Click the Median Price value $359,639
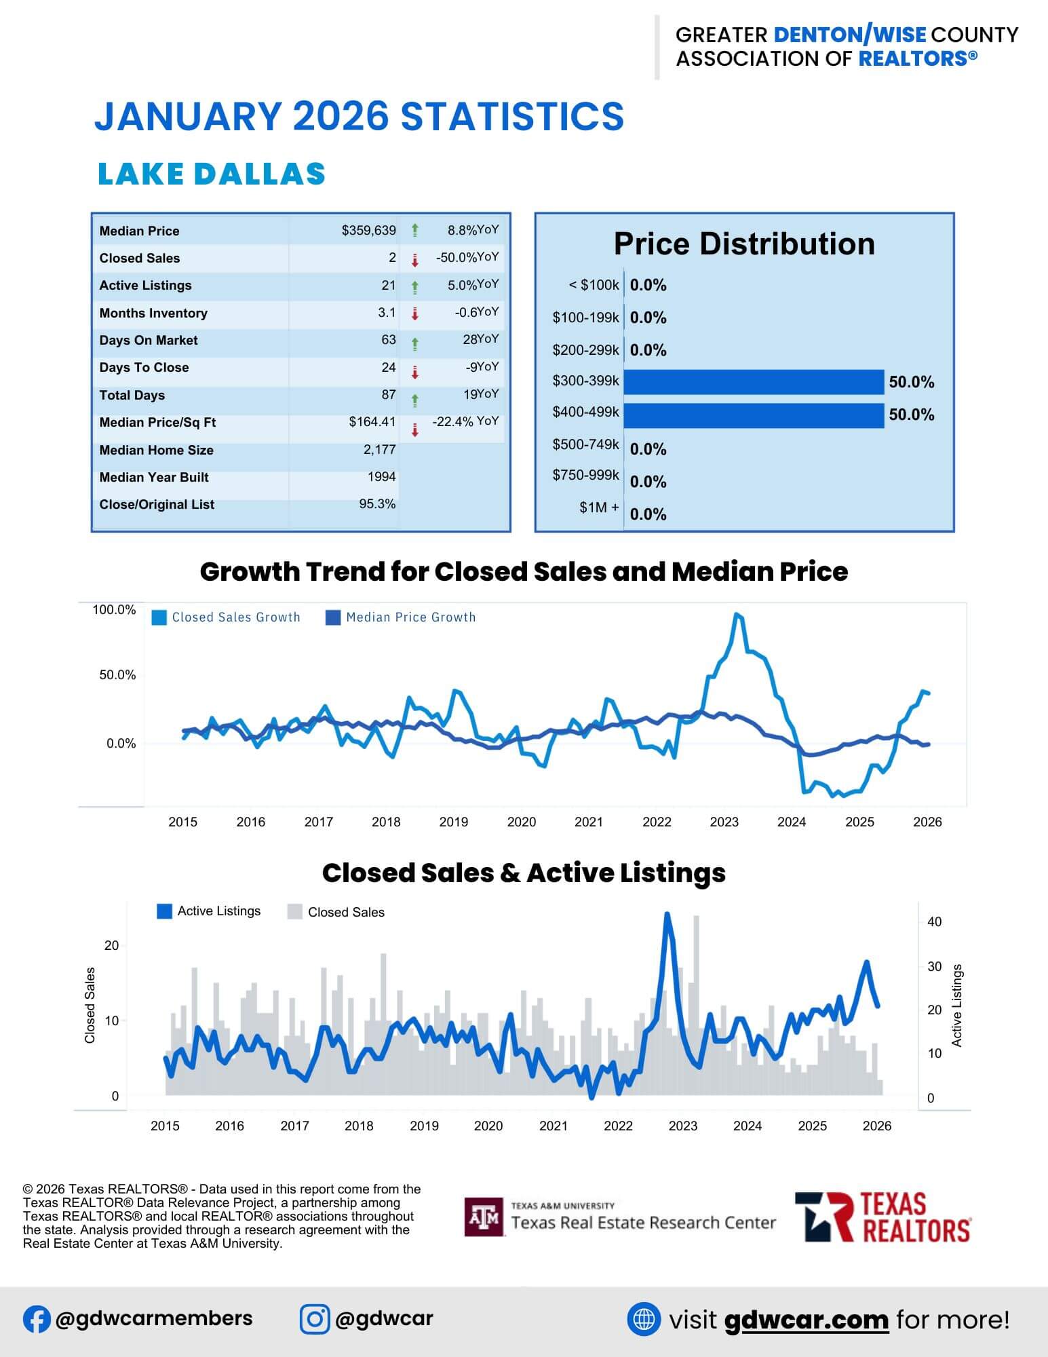(368, 231)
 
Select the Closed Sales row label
(140, 259)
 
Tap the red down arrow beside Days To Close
(415, 372)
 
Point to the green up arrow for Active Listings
(415, 288)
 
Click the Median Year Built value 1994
(381, 477)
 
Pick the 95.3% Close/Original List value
(377, 504)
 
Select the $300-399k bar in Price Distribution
(754, 382)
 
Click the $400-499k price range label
(585, 413)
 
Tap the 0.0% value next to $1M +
(648, 514)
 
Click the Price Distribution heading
(744, 244)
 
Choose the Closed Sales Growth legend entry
(227, 617)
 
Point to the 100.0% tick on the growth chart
(114, 610)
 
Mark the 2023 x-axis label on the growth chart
(724, 822)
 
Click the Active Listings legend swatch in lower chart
(164, 911)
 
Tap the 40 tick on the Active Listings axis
(934, 922)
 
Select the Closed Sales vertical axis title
(90, 1005)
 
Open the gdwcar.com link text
(806, 1320)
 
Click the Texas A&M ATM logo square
(484, 1217)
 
